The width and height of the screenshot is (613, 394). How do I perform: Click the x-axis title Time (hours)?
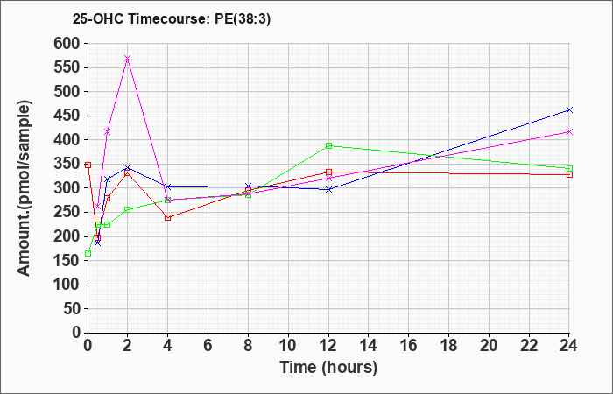click(328, 367)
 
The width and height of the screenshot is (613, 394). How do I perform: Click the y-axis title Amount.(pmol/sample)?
click(25, 187)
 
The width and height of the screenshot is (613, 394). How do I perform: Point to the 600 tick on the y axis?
click(67, 43)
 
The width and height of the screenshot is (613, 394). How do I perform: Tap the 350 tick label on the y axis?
click(67, 164)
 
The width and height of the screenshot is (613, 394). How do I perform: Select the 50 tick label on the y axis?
click(71, 308)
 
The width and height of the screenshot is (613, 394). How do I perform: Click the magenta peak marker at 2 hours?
click(128, 59)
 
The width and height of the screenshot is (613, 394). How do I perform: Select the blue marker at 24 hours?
click(569, 109)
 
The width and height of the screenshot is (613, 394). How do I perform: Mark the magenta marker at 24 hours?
click(569, 131)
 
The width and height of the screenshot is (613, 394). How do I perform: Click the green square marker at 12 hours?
click(328, 145)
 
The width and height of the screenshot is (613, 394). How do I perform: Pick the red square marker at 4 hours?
click(167, 217)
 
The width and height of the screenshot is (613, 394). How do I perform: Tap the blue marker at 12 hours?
click(328, 189)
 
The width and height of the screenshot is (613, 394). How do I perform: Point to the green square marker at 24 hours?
click(569, 168)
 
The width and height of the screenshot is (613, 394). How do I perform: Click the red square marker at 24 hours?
click(569, 174)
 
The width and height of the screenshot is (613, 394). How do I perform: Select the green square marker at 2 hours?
click(128, 209)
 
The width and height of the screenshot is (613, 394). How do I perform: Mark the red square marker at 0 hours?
click(88, 165)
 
